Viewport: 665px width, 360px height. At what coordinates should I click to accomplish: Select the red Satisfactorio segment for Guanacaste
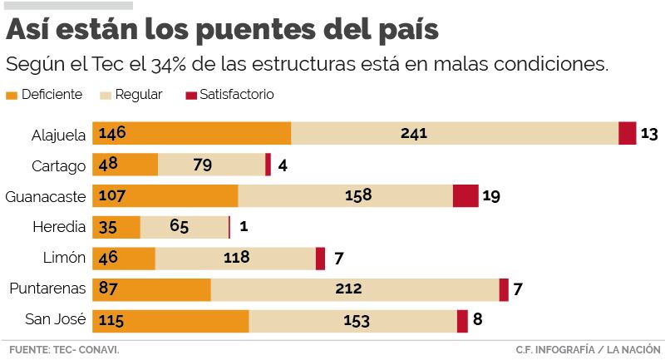[x=465, y=196]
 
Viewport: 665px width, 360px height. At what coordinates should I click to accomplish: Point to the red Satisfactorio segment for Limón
[x=320, y=259]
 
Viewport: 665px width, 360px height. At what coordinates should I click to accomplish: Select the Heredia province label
[x=59, y=227]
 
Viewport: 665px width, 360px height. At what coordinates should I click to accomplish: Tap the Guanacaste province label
[x=46, y=196]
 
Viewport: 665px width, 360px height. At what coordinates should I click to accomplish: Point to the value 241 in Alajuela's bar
[x=413, y=133]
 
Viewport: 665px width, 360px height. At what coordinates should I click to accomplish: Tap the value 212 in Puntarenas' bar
[x=347, y=289]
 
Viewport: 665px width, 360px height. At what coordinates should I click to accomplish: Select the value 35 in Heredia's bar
[x=108, y=227]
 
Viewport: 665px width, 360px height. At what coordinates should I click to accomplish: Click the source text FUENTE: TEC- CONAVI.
[x=62, y=349]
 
